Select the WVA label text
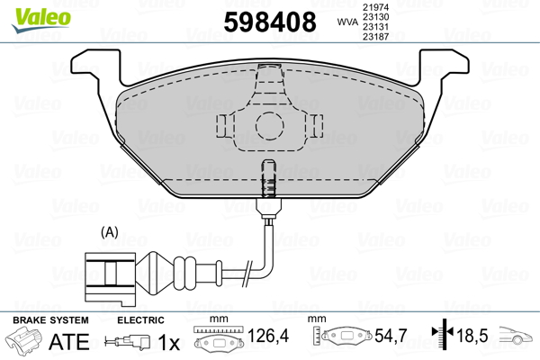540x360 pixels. coord(346,22)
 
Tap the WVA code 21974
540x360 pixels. coord(375,7)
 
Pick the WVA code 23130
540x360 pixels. coord(375,18)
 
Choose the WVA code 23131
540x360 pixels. coord(375,29)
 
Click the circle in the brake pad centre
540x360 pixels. coord(267,125)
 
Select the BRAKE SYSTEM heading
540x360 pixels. coord(49,319)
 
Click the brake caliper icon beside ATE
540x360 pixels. coord(23,342)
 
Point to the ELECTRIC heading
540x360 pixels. coord(140,319)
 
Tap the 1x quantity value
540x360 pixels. coord(167,342)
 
